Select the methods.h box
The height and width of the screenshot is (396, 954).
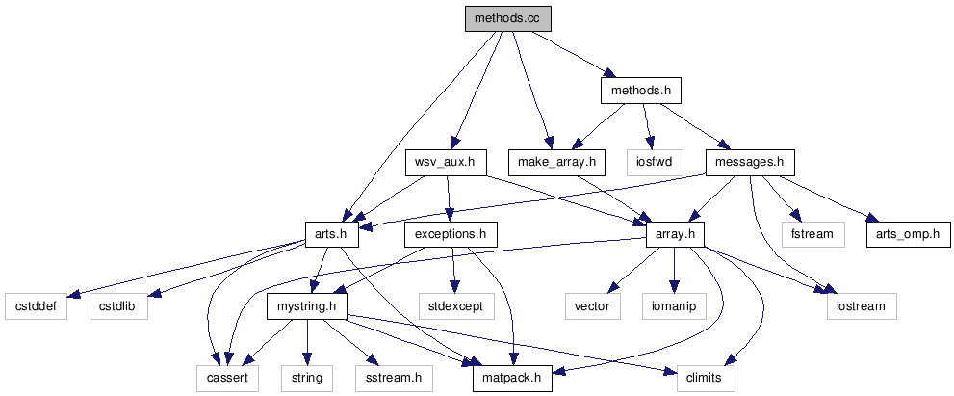[x=640, y=91]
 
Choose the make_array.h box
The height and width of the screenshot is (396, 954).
[x=556, y=162]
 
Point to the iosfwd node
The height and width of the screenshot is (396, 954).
[x=654, y=162]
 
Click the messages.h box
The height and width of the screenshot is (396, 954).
[x=750, y=162]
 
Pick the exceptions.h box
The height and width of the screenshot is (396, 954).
[x=451, y=233]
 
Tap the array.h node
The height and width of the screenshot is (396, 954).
[x=675, y=233]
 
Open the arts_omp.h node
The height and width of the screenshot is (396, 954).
[x=908, y=233]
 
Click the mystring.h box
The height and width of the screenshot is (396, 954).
[x=306, y=305]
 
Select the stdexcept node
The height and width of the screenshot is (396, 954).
[x=456, y=305]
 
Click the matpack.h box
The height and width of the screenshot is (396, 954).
[x=512, y=377]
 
